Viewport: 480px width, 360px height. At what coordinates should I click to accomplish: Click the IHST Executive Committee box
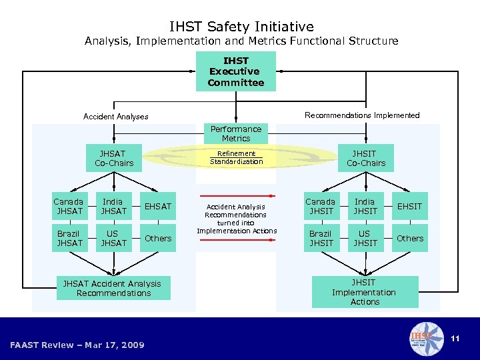click(235, 72)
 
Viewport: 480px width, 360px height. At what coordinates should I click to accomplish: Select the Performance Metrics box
click(236, 133)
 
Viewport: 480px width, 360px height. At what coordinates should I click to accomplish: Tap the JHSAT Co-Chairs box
click(114, 158)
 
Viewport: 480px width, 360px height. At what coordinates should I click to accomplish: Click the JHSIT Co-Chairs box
click(365, 158)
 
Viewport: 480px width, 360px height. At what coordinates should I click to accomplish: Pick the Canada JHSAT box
click(69, 207)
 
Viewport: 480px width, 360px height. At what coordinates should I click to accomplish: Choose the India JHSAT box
click(113, 207)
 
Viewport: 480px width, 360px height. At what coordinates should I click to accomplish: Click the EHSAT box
click(157, 207)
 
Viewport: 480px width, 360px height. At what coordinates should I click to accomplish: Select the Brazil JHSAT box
click(69, 239)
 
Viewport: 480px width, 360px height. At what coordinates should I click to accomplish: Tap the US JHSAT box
click(113, 239)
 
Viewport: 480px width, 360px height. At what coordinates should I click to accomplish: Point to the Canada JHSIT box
click(321, 207)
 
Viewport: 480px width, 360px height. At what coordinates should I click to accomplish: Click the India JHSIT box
click(365, 207)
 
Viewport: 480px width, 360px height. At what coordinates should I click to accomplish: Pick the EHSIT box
click(409, 207)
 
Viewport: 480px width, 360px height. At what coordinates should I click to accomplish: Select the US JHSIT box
click(365, 239)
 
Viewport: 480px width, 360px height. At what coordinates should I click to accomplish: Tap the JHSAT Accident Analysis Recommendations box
click(113, 289)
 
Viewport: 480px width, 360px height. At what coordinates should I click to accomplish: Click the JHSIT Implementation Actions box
click(365, 292)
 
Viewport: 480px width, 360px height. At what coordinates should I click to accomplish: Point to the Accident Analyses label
click(116, 117)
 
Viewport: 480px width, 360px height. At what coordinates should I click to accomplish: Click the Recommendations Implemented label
click(362, 115)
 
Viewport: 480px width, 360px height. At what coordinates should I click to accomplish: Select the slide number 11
click(455, 339)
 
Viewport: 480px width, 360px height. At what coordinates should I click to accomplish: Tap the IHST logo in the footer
click(426, 339)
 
